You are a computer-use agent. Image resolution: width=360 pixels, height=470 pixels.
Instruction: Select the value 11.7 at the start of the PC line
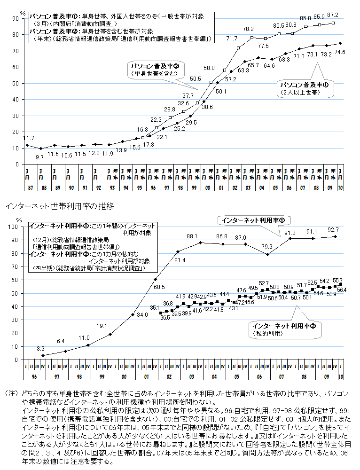click(28, 138)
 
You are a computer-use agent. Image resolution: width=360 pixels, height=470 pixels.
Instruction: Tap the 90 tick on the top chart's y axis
click(16, 18)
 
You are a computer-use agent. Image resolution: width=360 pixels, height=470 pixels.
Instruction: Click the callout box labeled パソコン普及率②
click(154, 70)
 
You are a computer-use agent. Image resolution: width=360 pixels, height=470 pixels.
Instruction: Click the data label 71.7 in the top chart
click(232, 38)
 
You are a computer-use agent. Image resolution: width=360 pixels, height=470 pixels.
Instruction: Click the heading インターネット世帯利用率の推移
click(59, 206)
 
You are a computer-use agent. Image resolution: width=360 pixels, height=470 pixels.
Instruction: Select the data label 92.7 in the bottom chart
click(333, 230)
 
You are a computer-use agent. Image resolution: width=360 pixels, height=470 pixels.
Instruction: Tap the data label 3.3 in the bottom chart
click(40, 348)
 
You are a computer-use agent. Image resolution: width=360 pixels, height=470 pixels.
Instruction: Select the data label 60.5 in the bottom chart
click(159, 286)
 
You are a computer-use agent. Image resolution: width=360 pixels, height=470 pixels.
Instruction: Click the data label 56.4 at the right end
click(342, 290)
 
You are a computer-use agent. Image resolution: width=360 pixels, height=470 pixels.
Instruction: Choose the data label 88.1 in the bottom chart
click(192, 236)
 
